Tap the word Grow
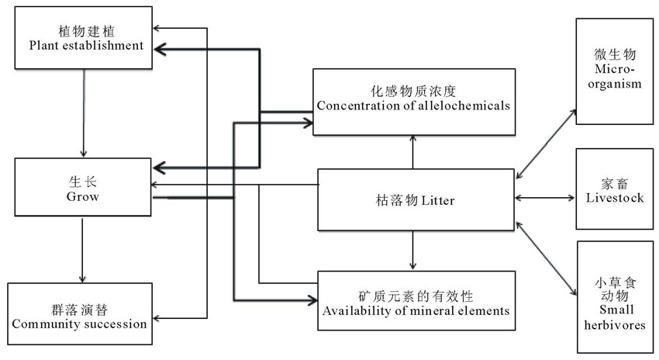82,196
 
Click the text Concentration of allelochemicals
413,106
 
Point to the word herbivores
614,325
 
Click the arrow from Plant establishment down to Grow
82,116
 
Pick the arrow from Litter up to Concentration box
413,152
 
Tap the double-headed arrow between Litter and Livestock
545,198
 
